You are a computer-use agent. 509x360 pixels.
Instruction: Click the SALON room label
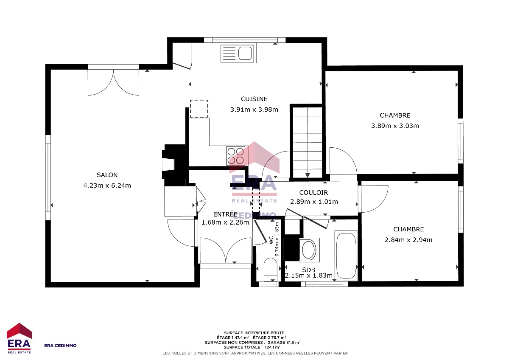pos(107,175)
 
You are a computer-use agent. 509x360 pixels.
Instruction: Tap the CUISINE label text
pos(254,99)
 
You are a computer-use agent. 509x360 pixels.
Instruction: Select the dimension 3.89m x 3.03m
pos(395,126)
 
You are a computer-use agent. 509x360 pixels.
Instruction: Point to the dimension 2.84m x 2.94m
pos(408,240)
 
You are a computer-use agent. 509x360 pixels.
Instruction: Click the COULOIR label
pos(313,193)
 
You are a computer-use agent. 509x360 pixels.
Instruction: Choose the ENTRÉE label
pos(225,214)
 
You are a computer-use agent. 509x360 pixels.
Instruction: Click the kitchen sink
pos(237,53)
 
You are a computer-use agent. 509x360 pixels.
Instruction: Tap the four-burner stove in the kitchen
pos(236,156)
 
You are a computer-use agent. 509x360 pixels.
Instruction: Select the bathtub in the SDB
pos(346,256)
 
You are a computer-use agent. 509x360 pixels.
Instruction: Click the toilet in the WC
pos(271,270)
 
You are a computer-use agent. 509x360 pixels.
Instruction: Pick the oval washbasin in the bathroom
pos(308,250)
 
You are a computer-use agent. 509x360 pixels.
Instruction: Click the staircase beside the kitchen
pos(307,142)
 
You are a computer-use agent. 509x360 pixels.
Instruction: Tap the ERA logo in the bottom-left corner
pos(19,338)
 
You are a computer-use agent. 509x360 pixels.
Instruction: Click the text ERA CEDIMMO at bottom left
pos(60,346)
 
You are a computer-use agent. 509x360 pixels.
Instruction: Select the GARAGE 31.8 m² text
pos(284,343)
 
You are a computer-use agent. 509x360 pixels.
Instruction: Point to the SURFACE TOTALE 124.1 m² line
pos(252,347)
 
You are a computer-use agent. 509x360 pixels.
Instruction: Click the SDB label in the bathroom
pos(309,270)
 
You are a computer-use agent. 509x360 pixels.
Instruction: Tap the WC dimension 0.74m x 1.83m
pos(277,239)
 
